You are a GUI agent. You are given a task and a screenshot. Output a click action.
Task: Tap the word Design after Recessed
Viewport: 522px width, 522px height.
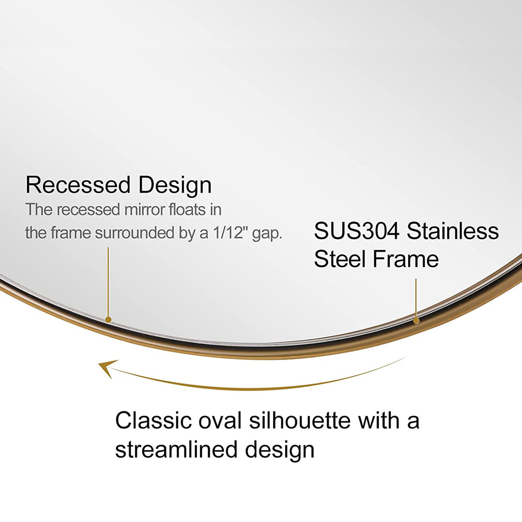point(175,186)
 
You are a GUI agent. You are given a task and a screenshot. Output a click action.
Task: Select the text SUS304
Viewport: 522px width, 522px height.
point(356,231)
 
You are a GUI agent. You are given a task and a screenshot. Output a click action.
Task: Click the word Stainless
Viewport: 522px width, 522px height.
point(452,231)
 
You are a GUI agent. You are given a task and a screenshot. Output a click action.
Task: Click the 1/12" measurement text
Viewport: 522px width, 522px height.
point(225,233)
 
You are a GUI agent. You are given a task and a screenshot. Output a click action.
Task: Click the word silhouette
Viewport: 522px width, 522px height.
point(300,420)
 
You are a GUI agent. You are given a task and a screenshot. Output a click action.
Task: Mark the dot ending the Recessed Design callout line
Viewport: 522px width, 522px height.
point(108,319)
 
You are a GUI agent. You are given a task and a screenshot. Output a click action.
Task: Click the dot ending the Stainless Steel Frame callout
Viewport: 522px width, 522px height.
point(416,320)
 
